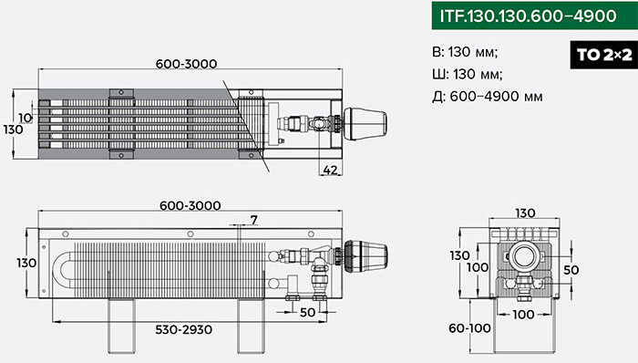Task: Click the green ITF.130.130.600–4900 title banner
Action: (535, 16)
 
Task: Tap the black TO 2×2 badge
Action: (603, 55)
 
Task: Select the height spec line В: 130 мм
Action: (465, 52)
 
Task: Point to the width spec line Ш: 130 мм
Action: (468, 74)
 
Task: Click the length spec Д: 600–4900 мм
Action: (488, 97)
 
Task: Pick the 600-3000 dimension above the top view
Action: (186, 64)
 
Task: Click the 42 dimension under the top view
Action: (330, 170)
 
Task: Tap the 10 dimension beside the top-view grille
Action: (26, 118)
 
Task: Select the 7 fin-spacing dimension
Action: (254, 220)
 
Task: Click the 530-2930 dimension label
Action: (183, 329)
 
